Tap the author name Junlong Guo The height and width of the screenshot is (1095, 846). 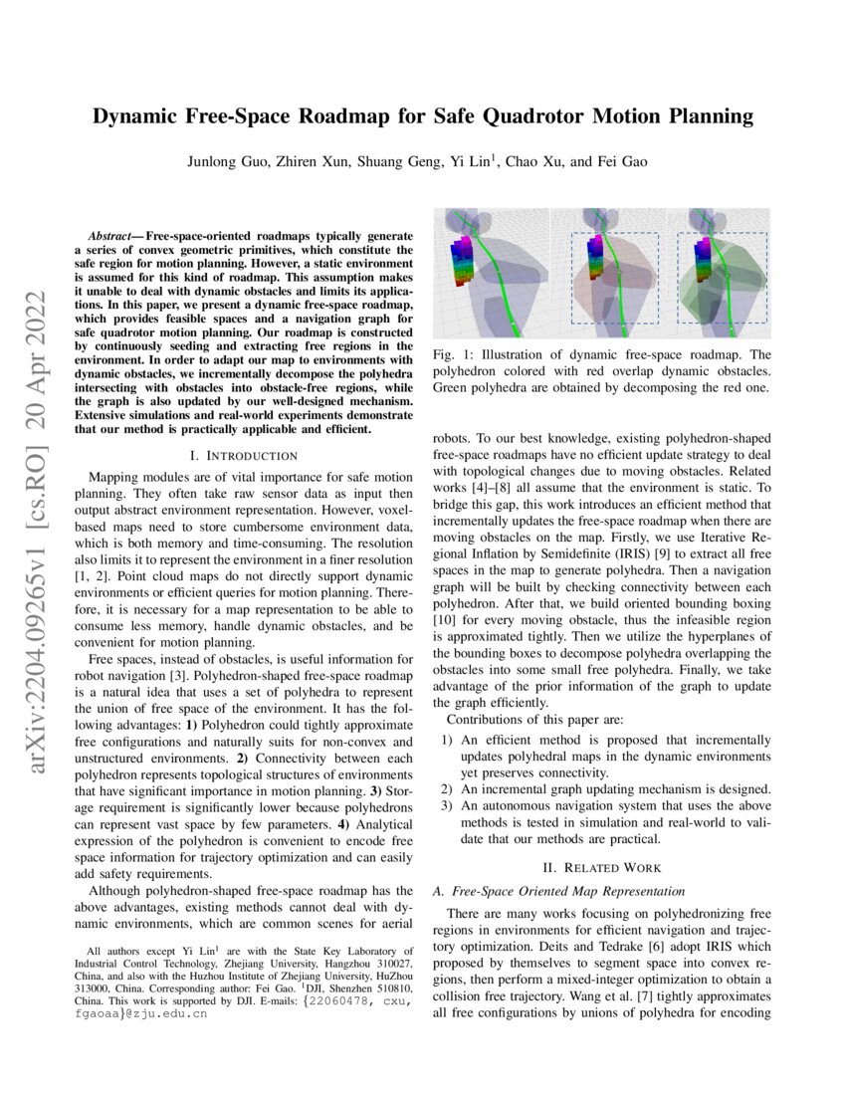coord(225,161)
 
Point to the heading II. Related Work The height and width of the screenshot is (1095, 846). coord(601,868)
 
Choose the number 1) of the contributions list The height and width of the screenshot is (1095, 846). coord(447,741)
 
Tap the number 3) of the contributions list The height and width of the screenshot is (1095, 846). coord(447,805)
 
